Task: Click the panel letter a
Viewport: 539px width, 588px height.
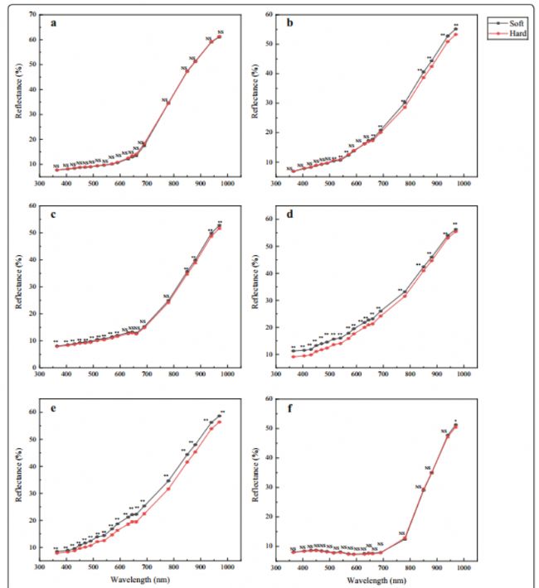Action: coord(54,22)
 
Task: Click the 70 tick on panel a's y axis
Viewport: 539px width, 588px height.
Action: coord(32,15)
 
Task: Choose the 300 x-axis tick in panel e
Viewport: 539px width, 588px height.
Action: coord(40,567)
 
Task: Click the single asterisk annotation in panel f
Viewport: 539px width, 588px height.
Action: coord(455,420)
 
